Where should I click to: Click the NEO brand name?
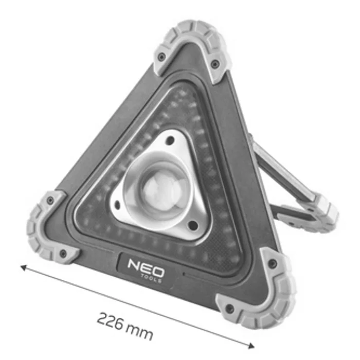(x=146, y=268)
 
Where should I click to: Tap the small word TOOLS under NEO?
(x=151, y=278)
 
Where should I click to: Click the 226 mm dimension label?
(x=125, y=326)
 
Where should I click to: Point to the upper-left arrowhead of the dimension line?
(x=24, y=267)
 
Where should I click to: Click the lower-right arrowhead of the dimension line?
(x=251, y=345)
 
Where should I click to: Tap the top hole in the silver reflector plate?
(x=170, y=140)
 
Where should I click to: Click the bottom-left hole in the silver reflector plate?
(x=117, y=205)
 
